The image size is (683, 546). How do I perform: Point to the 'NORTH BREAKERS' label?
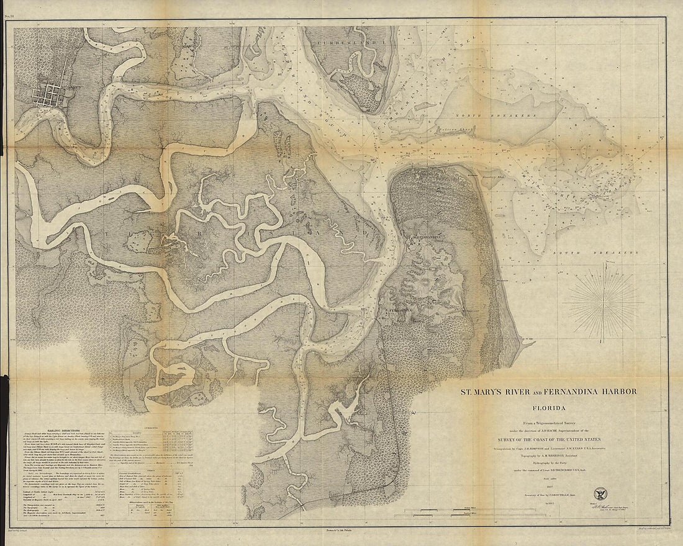click(494, 115)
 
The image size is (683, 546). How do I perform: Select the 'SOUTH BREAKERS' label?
click(602, 253)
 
